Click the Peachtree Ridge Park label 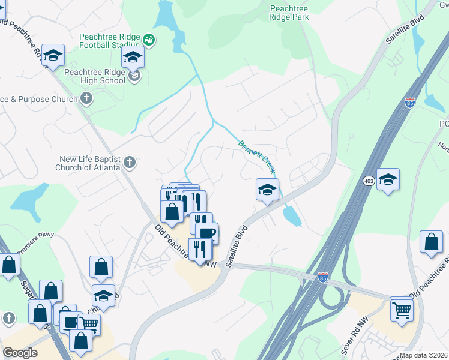point(289,13)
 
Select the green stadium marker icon point(149,40)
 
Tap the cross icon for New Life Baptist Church point(130,162)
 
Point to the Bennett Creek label point(257,157)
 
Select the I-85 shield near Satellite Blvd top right point(410,103)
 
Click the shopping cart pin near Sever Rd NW point(400,309)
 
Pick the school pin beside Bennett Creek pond point(267,190)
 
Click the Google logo point(20,353)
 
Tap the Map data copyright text point(424,355)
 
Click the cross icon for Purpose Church point(87,98)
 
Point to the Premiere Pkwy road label point(36,235)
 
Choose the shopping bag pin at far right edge point(431,242)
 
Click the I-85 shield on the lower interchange point(322,277)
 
